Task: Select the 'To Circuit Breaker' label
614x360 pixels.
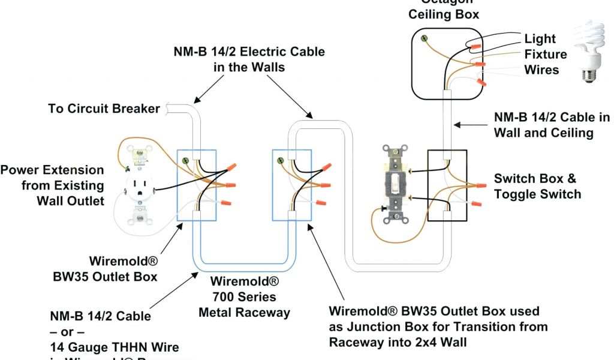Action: [x=104, y=109]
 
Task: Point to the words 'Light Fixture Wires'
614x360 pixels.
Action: [x=545, y=55]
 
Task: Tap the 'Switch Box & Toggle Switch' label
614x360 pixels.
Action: [x=537, y=186]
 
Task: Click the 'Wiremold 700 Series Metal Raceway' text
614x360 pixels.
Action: [x=244, y=297]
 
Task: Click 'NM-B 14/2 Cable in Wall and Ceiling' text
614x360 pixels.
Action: [x=552, y=125]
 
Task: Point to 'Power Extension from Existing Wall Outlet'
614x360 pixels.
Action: [x=52, y=185]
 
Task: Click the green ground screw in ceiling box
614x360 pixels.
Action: [x=427, y=40]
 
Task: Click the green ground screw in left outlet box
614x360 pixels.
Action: [x=186, y=161]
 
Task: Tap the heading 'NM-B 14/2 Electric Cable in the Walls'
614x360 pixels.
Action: [x=249, y=59]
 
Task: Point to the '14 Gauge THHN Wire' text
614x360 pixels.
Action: [x=114, y=347]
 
